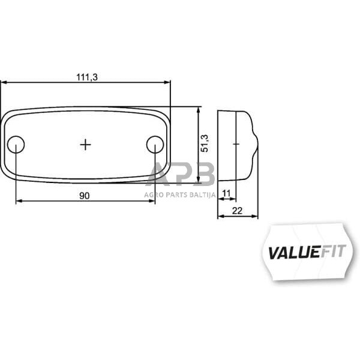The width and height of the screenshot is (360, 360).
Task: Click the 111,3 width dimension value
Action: (86, 77)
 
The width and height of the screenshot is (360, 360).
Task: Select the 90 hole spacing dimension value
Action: (84, 195)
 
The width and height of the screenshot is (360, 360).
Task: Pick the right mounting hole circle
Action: (155, 144)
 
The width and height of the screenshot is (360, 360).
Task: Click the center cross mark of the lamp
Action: (86, 144)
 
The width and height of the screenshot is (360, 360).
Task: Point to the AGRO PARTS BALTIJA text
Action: (180, 194)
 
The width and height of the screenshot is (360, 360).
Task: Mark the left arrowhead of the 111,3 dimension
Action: (2, 82)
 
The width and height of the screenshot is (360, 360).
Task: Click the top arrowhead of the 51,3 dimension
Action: (198, 109)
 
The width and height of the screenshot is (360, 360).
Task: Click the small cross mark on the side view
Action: (236, 144)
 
